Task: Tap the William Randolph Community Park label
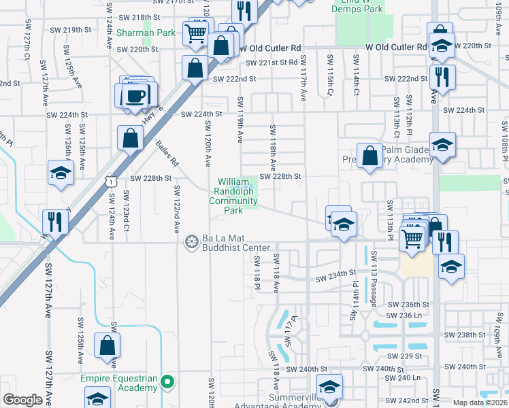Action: (233, 196)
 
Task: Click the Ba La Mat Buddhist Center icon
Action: (192, 240)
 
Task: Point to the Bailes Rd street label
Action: (167, 154)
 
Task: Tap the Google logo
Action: (22, 400)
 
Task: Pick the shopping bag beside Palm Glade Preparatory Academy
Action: (369, 156)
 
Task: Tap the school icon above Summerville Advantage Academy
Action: (330, 388)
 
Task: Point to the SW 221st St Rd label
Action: (272, 63)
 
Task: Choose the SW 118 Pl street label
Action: (258, 271)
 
